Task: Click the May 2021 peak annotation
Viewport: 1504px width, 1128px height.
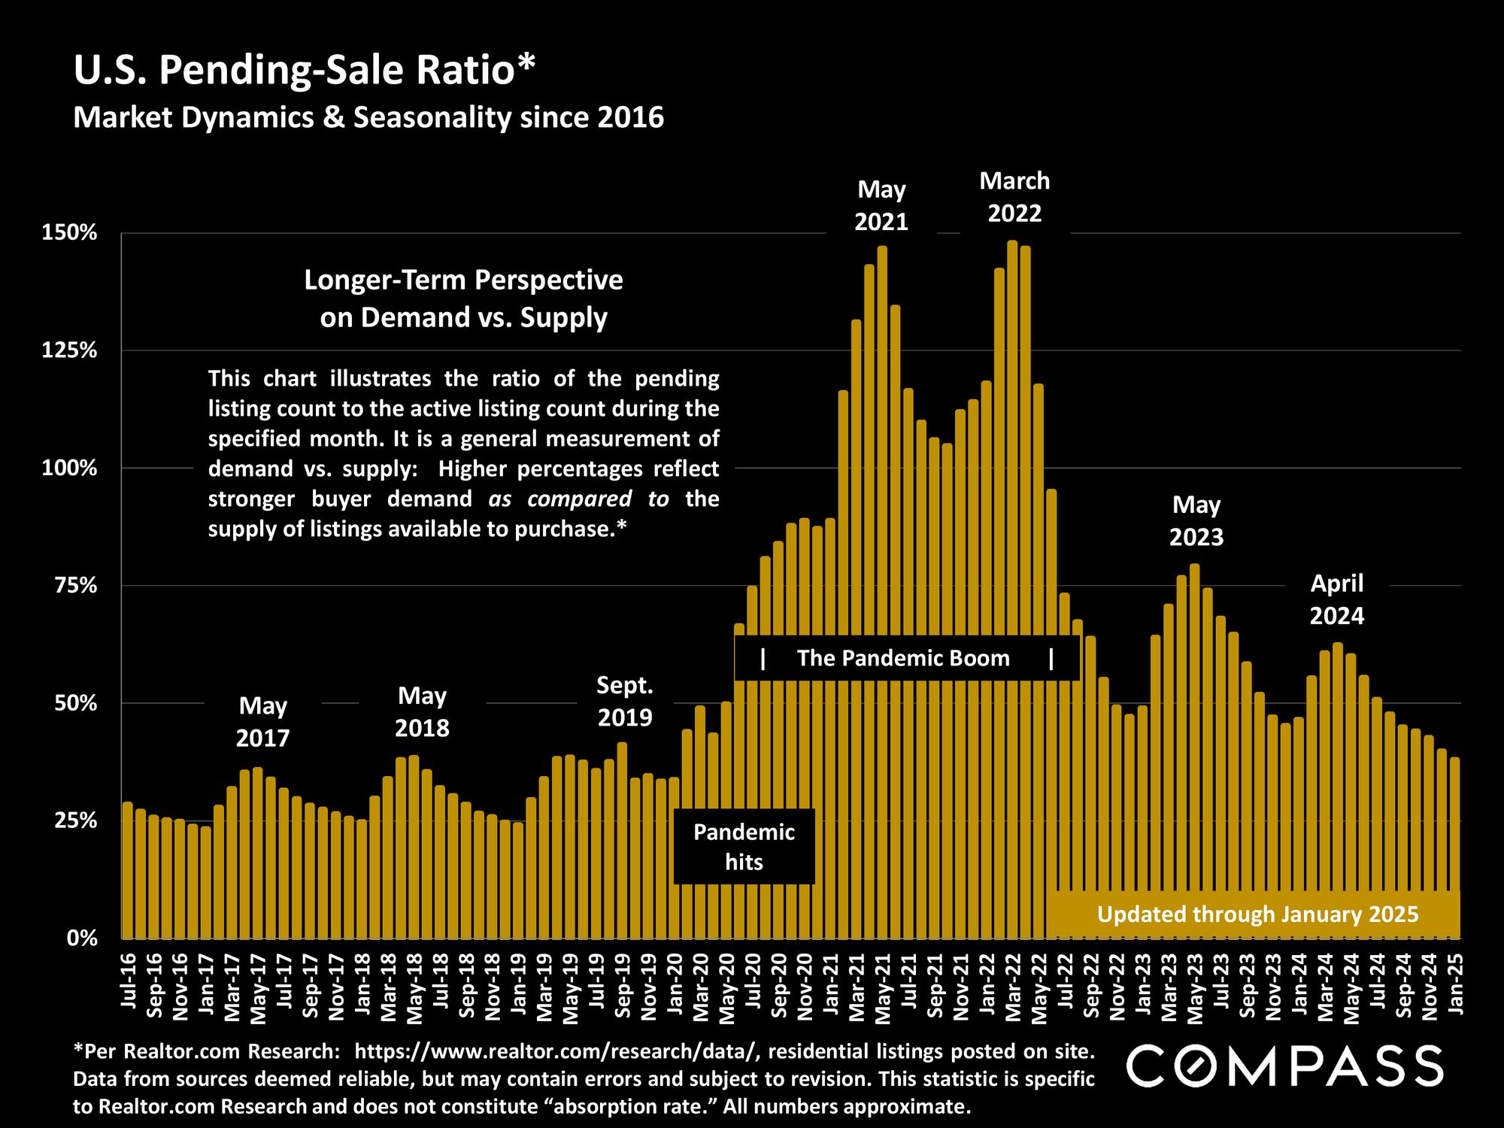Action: (881, 205)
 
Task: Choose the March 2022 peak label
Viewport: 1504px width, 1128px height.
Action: (1014, 197)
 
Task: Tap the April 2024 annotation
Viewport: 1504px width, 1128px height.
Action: (1336, 599)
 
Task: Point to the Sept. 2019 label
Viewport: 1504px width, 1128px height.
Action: (624, 701)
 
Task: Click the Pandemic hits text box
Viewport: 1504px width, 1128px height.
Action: (744, 847)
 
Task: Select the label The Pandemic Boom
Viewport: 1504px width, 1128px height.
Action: (903, 659)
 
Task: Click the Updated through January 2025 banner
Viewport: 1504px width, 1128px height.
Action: (1257, 914)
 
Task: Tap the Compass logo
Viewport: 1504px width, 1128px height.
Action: (1284, 1066)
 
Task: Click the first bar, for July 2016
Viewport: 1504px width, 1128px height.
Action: (127, 872)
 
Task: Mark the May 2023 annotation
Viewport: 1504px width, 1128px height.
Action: (1196, 521)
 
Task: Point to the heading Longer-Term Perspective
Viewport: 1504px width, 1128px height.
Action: (463, 280)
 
